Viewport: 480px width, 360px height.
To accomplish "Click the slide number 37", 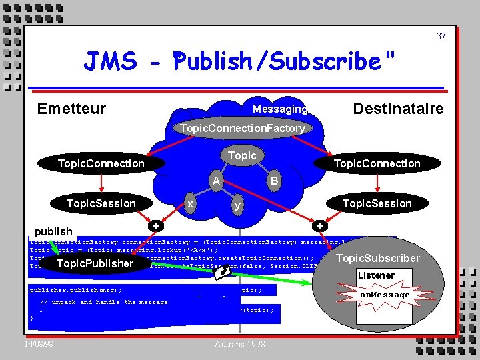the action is (441, 36).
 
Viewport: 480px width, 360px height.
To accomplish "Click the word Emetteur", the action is (71, 109).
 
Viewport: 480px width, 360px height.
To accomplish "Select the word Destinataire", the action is (398, 109).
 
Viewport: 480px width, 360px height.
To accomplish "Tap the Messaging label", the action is (280, 109).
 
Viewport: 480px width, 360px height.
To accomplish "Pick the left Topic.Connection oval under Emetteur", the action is (101, 163).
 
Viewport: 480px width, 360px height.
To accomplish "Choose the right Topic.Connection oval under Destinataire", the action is (377, 163).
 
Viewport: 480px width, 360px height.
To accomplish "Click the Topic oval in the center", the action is (242, 155).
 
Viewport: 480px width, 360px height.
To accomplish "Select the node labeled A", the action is (215, 180).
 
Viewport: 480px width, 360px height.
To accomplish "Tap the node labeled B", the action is (273, 180).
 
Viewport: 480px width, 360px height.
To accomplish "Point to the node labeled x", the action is (191, 203).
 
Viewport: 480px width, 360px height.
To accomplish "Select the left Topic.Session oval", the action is (101, 203).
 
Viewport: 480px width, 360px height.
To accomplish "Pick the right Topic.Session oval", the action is (377, 203).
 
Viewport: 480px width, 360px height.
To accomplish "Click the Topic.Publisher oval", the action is (95, 263).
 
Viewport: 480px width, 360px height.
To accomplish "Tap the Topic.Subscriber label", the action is (378, 258).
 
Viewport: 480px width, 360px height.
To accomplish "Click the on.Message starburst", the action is (385, 295).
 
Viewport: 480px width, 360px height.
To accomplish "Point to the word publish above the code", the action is (53, 231).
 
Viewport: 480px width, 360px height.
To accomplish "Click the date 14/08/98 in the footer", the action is (40, 343).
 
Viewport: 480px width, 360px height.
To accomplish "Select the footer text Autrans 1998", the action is (240, 344).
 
